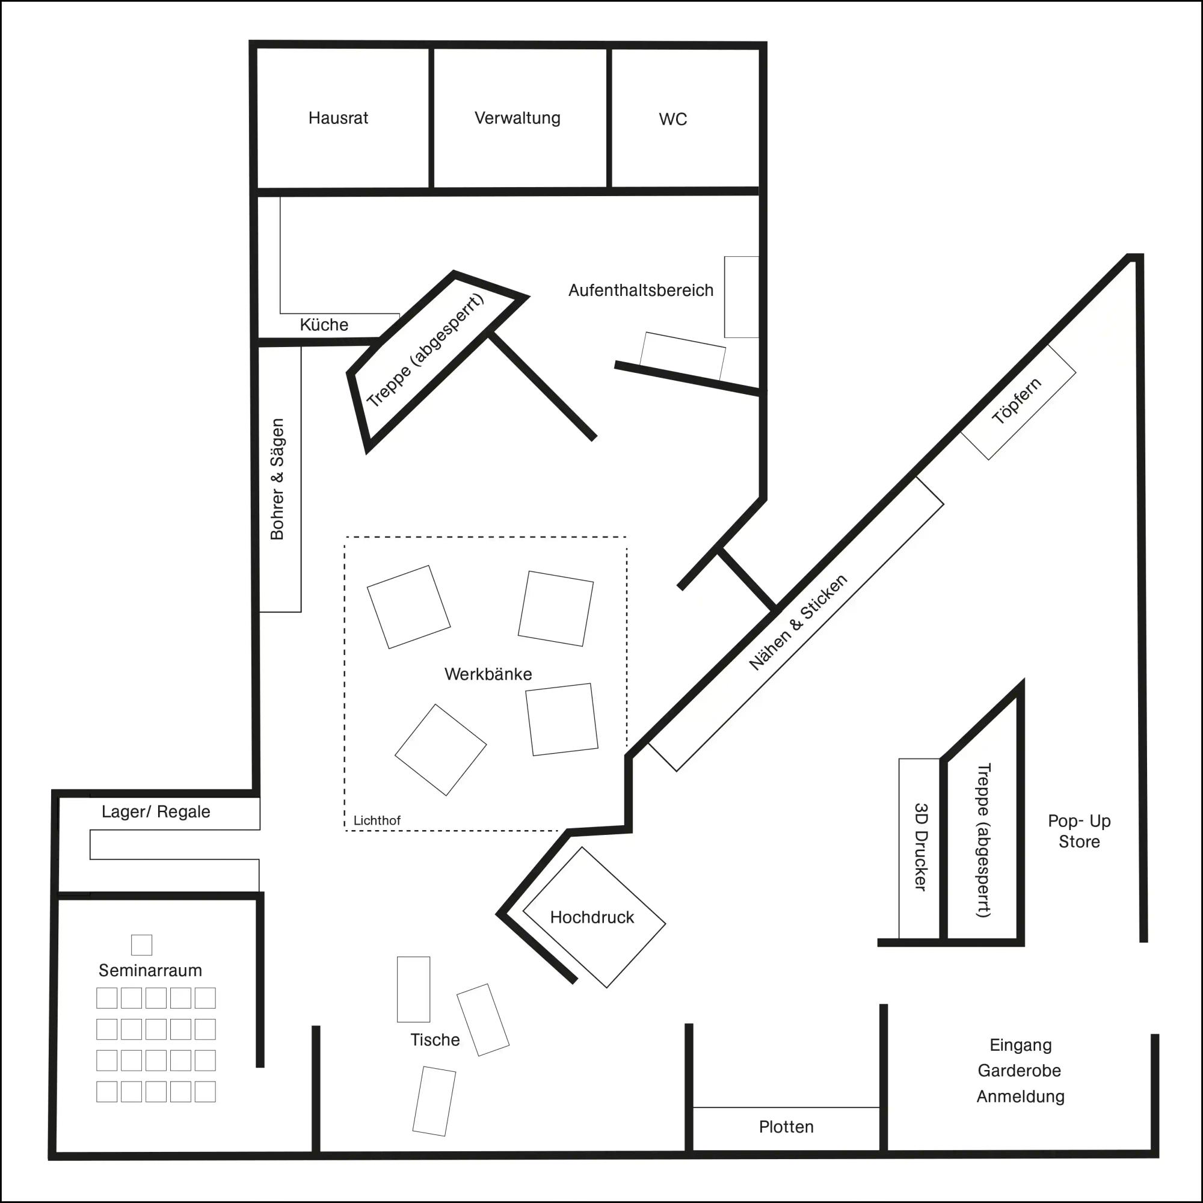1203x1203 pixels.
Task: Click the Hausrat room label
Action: tap(338, 118)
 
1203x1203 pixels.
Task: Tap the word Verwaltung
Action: tap(517, 118)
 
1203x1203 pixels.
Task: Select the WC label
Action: tap(672, 120)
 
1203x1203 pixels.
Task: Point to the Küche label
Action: tap(324, 324)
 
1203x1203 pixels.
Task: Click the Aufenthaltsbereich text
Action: tap(641, 290)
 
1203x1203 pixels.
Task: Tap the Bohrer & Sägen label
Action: tap(278, 479)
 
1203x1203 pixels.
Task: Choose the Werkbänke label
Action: tap(488, 674)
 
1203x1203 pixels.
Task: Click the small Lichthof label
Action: tap(377, 820)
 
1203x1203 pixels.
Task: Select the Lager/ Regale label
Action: tap(156, 812)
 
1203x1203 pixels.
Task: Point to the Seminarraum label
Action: tap(150, 970)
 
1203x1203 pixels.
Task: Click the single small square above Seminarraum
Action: tap(141, 944)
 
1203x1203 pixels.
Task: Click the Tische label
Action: tap(435, 1040)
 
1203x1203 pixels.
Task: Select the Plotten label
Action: tap(786, 1127)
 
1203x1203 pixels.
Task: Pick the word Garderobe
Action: tap(1020, 1071)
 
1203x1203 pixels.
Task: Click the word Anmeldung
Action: tap(1020, 1097)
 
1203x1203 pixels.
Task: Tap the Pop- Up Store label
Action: tap(1079, 831)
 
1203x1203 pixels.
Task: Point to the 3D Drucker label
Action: tap(920, 847)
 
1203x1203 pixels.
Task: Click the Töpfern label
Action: tap(1017, 402)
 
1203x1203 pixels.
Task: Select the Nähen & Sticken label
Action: tap(798, 622)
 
